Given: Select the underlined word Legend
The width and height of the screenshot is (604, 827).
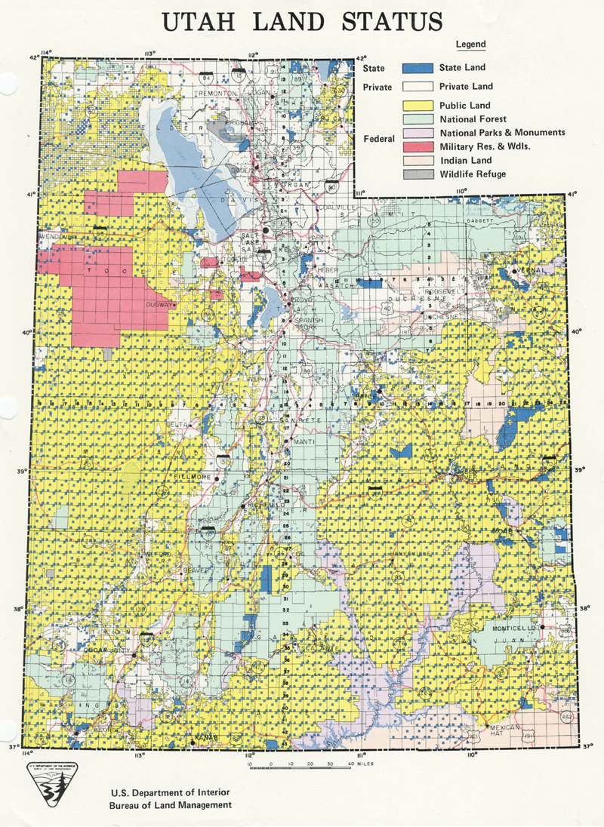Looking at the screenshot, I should pyautogui.click(x=470, y=45).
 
